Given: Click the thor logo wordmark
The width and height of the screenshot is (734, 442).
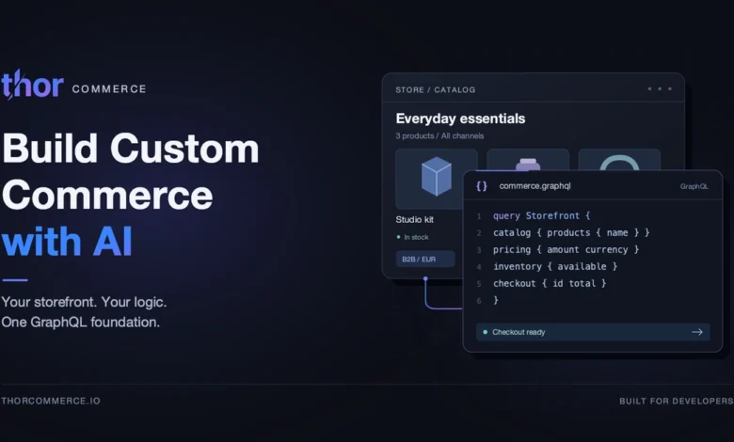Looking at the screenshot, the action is (32, 85).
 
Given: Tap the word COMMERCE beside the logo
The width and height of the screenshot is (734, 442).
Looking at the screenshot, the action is (109, 88).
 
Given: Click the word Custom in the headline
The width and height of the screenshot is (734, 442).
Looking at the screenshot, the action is (183, 149).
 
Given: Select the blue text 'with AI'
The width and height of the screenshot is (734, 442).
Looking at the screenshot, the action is (67, 242).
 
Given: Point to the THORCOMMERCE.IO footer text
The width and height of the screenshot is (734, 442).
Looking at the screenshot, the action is (51, 401).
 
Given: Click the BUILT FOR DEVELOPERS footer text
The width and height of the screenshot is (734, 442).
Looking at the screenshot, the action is (677, 401).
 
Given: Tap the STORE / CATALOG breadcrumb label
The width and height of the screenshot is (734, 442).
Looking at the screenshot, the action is (436, 89).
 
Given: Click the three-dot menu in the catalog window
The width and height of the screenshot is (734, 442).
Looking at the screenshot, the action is (660, 88).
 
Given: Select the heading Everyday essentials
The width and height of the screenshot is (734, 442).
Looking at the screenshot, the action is (460, 118).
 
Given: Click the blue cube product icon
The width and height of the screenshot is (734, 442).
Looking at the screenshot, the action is (437, 177).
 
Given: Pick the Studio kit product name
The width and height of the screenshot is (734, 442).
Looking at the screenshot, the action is (414, 219).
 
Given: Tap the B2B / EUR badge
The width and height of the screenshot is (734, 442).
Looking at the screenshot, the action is (425, 260).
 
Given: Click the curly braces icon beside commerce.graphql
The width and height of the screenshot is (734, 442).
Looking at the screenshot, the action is (482, 186).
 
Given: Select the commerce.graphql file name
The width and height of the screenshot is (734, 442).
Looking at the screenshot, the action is (535, 185).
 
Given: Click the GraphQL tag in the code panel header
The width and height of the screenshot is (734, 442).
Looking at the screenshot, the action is (694, 186).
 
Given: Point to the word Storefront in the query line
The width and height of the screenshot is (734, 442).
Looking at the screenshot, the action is (552, 215).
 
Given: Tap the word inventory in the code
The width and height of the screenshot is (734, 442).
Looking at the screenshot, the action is (518, 266).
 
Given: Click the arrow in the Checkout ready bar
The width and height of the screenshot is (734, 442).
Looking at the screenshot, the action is (697, 332).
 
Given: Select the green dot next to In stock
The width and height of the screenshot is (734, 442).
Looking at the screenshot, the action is (398, 237).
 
